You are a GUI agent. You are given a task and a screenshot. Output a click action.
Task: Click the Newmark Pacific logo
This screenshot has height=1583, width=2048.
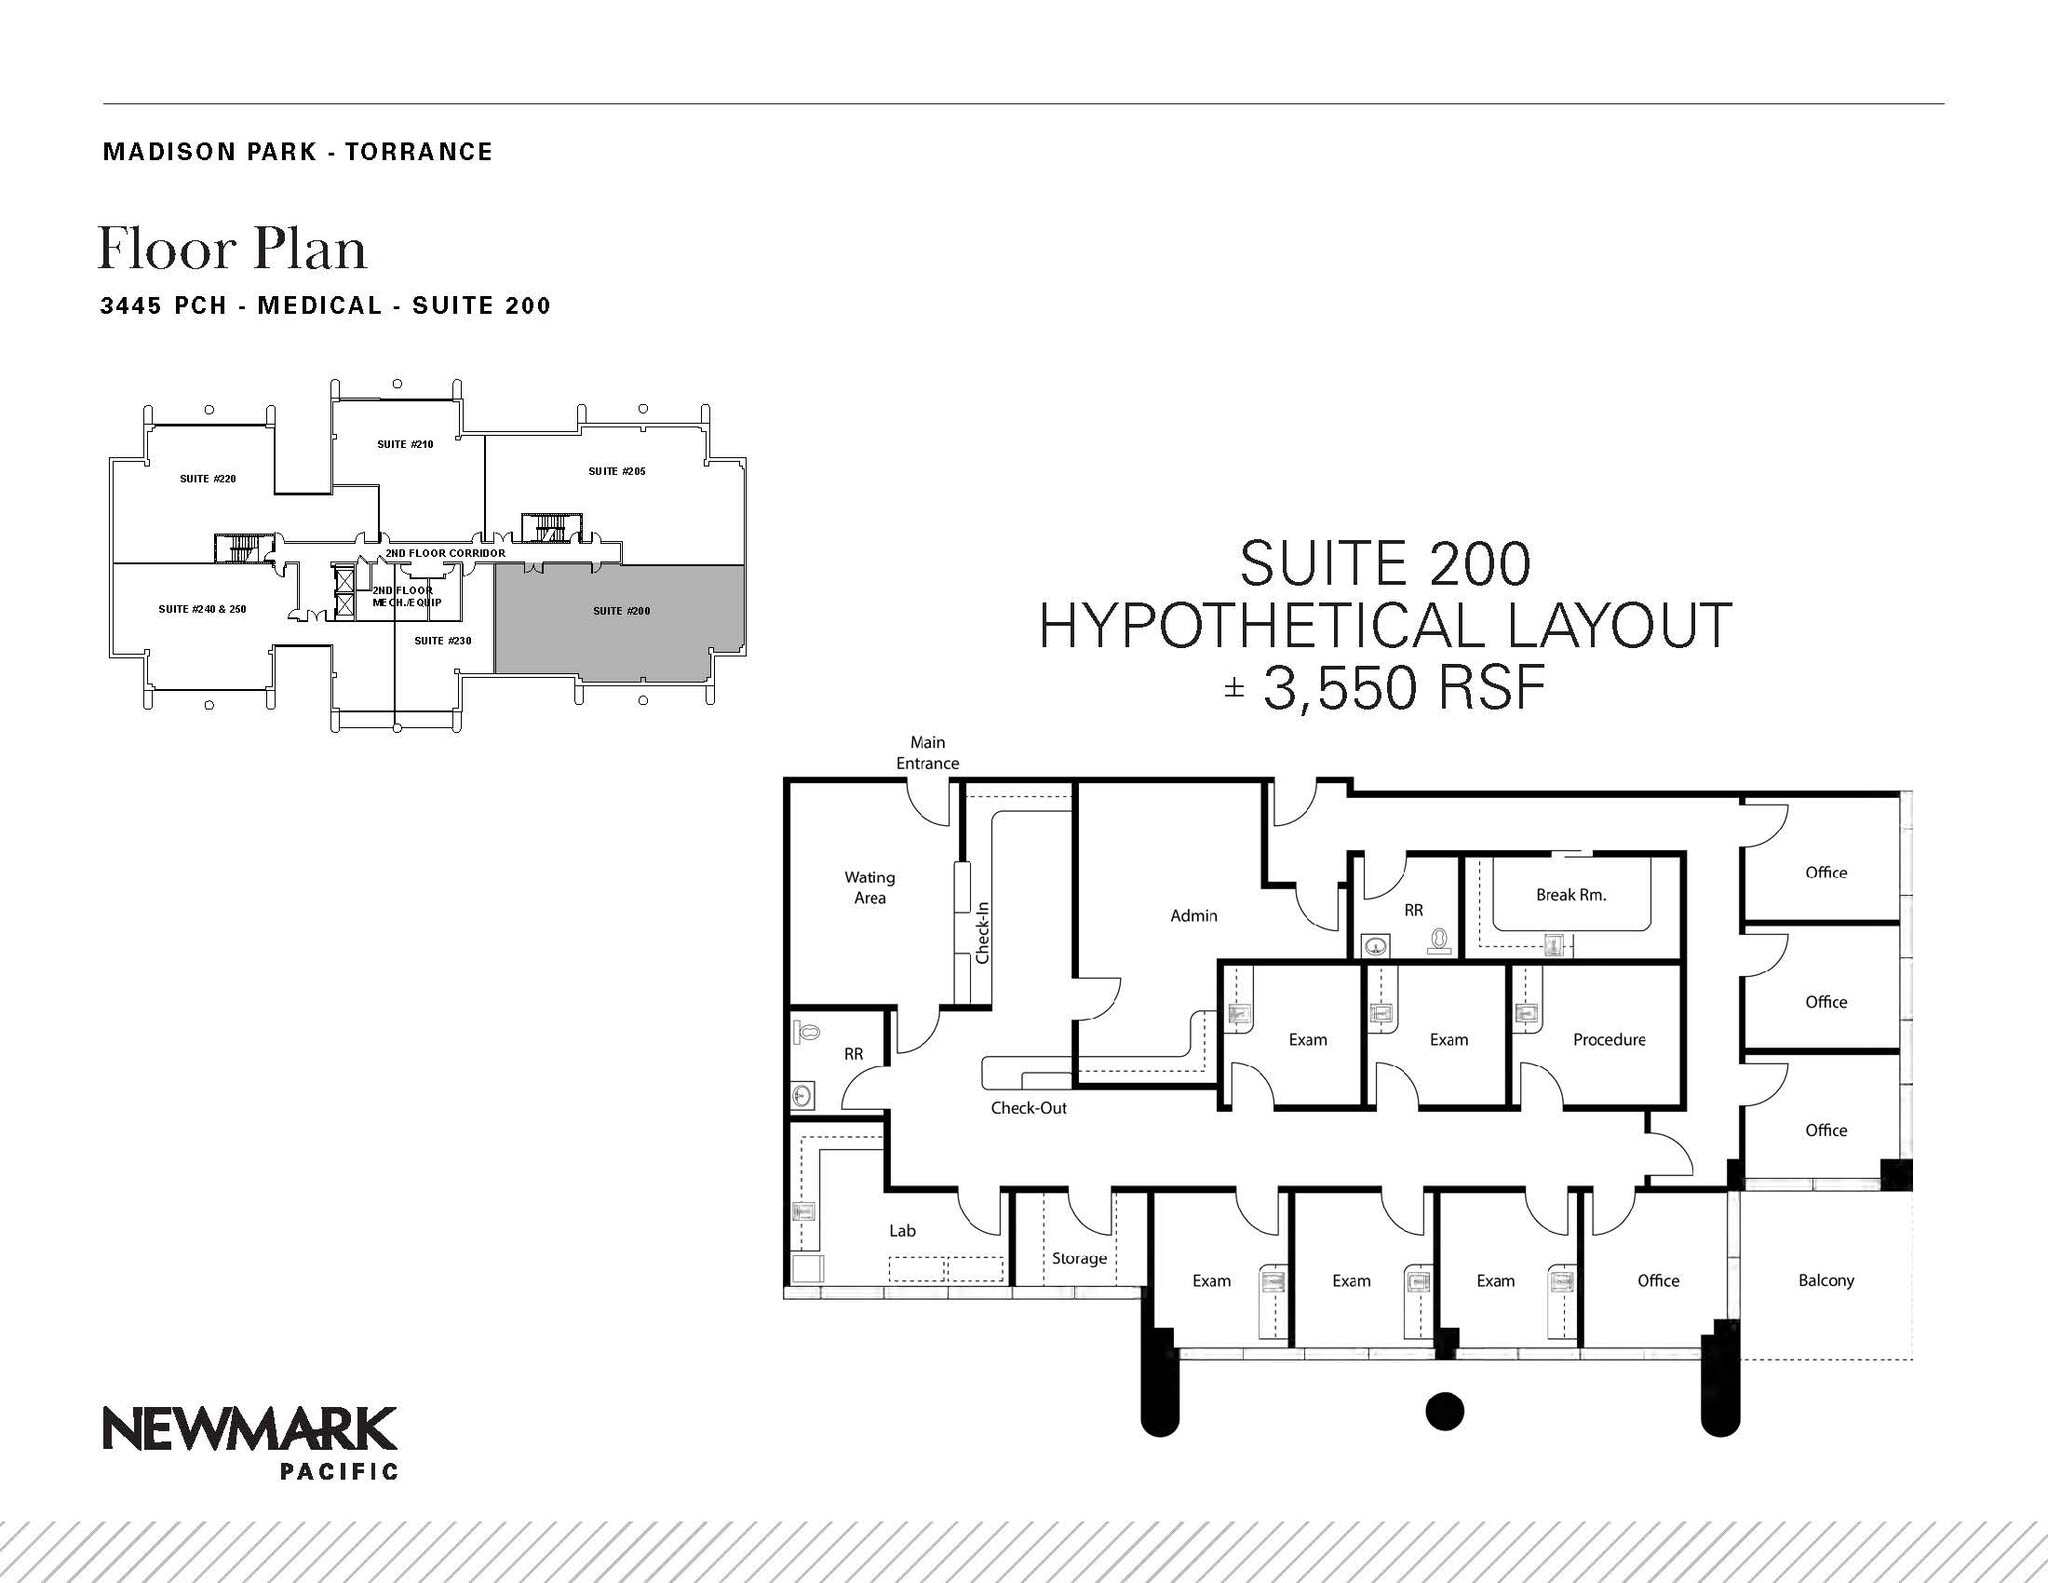coord(250,1441)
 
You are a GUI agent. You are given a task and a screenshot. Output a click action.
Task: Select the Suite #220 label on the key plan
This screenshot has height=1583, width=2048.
coord(208,479)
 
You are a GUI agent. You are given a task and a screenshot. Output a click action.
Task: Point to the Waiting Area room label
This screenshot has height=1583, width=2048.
coord(869,887)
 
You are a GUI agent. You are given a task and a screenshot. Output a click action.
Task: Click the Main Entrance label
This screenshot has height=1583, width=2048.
coord(927,753)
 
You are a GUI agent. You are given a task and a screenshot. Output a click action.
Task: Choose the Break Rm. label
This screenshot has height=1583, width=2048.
coord(1571,895)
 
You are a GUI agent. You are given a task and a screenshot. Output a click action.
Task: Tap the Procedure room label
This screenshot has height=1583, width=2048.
coord(1608,1040)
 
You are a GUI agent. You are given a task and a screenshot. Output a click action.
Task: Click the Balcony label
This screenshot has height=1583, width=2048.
coord(1825,1280)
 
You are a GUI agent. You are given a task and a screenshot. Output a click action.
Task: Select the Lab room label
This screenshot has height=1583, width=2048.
coord(902,1231)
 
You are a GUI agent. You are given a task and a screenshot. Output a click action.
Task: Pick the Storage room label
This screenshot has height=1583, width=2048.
coord(1079,1258)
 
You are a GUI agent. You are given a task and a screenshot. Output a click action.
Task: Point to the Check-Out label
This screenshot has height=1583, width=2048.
coord(1028,1108)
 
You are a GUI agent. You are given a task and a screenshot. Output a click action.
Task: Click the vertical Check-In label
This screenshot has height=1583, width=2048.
coord(982,933)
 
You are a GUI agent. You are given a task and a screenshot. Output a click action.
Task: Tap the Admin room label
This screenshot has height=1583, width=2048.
coord(1194,915)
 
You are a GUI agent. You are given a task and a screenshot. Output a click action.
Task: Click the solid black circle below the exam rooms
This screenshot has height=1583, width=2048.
coord(1444,1411)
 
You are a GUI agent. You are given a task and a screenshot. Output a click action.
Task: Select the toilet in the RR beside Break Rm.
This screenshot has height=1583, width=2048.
coord(1439,941)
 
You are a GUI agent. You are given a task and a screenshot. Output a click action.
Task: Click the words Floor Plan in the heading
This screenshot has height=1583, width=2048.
coord(232,249)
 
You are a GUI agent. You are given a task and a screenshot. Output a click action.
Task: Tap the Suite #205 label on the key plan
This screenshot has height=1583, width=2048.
coord(616,471)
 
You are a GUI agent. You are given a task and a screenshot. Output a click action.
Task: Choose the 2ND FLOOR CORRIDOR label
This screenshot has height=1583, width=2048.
coord(445,553)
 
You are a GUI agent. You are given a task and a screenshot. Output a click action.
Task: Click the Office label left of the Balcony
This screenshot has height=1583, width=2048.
coord(1658,1280)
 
